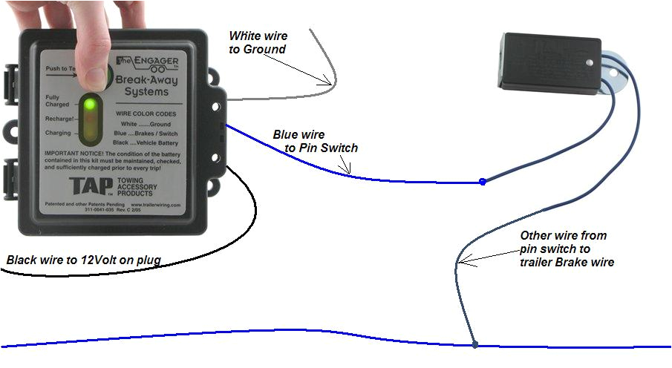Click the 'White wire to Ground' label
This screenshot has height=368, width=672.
(258, 42)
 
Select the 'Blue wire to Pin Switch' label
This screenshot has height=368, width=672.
(315, 141)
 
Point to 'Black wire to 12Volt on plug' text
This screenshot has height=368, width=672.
(84, 260)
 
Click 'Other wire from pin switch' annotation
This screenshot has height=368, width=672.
(567, 249)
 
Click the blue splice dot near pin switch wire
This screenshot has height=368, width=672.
(483, 181)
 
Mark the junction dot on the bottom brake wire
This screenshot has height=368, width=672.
(474, 344)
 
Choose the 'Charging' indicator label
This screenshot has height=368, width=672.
(57, 134)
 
